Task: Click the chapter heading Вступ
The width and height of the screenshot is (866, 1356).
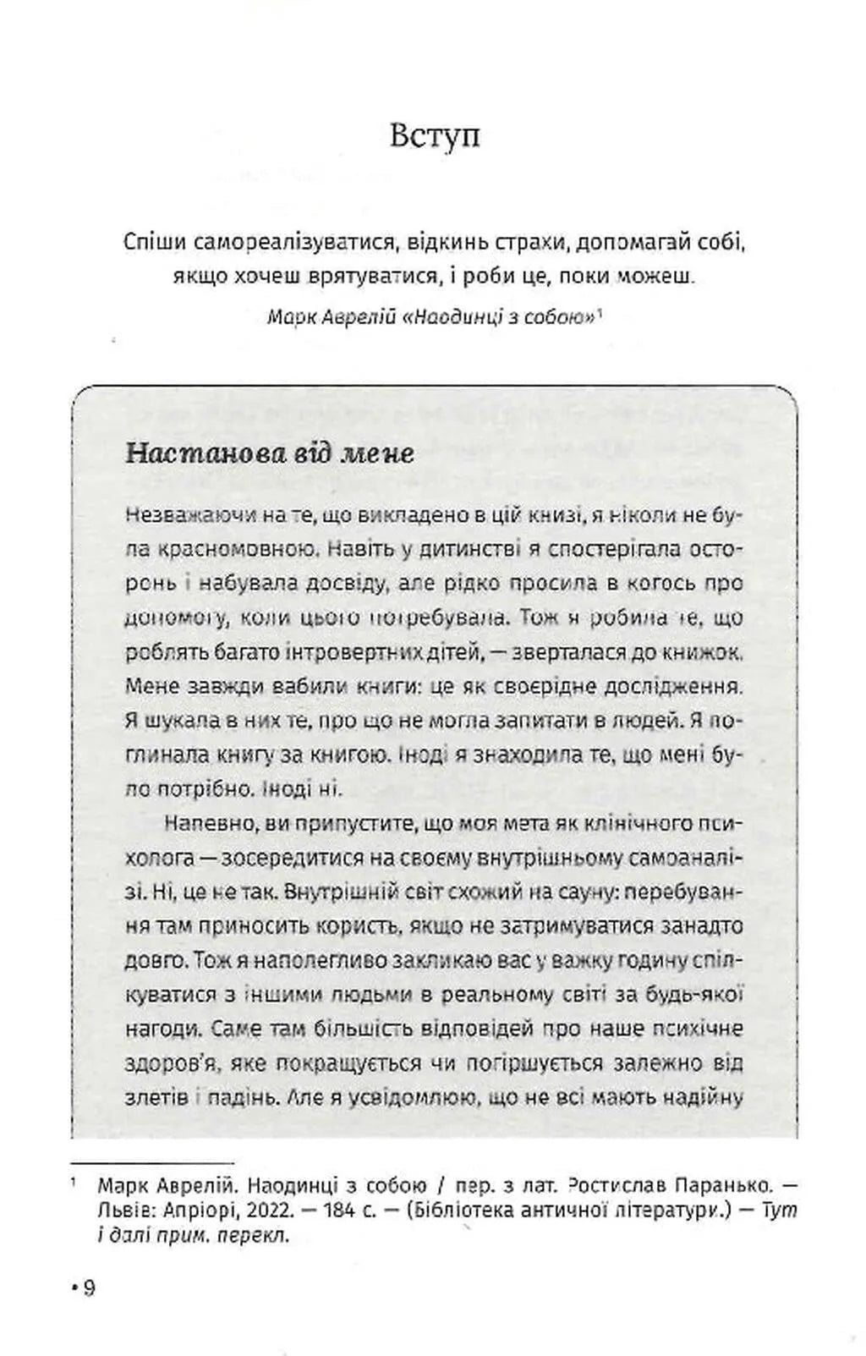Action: click(x=435, y=135)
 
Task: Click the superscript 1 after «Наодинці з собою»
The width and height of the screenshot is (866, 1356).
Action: click(x=599, y=313)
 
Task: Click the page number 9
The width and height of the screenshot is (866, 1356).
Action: click(x=90, y=1287)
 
